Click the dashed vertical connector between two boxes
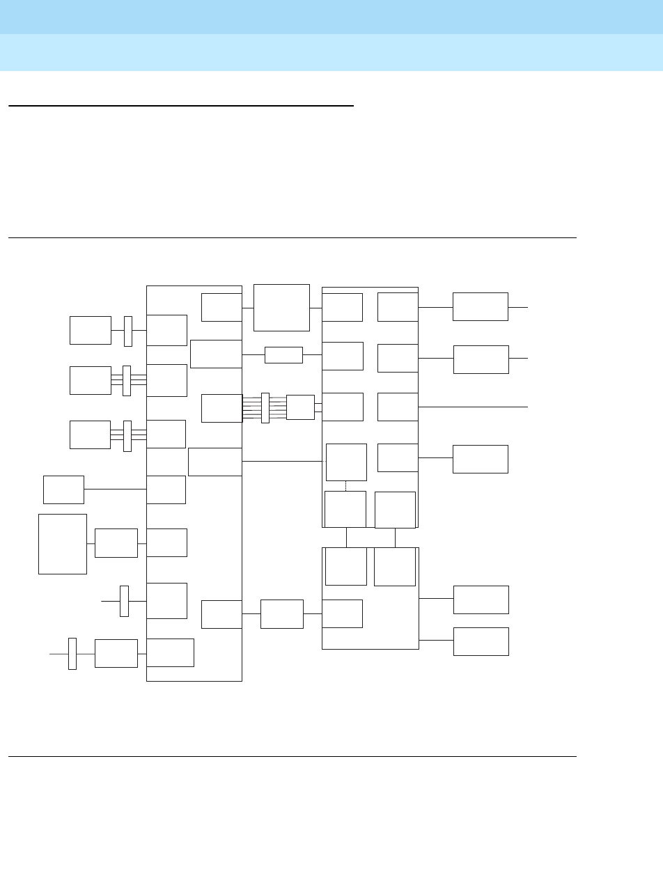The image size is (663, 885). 346,485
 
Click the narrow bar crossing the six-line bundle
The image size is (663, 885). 265,407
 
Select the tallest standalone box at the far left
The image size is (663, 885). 63,544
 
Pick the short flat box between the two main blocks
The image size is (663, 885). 283,354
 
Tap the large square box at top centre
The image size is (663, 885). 281,307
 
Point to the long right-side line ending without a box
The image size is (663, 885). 474,406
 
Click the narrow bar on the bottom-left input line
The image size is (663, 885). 72,653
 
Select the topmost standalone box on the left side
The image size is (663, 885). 91,329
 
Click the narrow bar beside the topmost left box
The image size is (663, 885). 128,331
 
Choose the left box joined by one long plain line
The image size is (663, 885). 63,490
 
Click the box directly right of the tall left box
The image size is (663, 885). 116,542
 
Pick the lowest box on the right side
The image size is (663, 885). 481,641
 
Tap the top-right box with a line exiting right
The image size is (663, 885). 480,306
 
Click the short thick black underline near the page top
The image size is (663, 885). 181,106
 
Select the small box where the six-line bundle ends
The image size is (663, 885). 300,407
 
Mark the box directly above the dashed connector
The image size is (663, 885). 346,462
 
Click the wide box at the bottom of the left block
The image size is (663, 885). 171,652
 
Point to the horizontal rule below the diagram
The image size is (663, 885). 292,756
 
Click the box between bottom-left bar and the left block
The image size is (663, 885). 116,653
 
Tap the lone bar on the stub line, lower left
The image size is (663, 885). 124,600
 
